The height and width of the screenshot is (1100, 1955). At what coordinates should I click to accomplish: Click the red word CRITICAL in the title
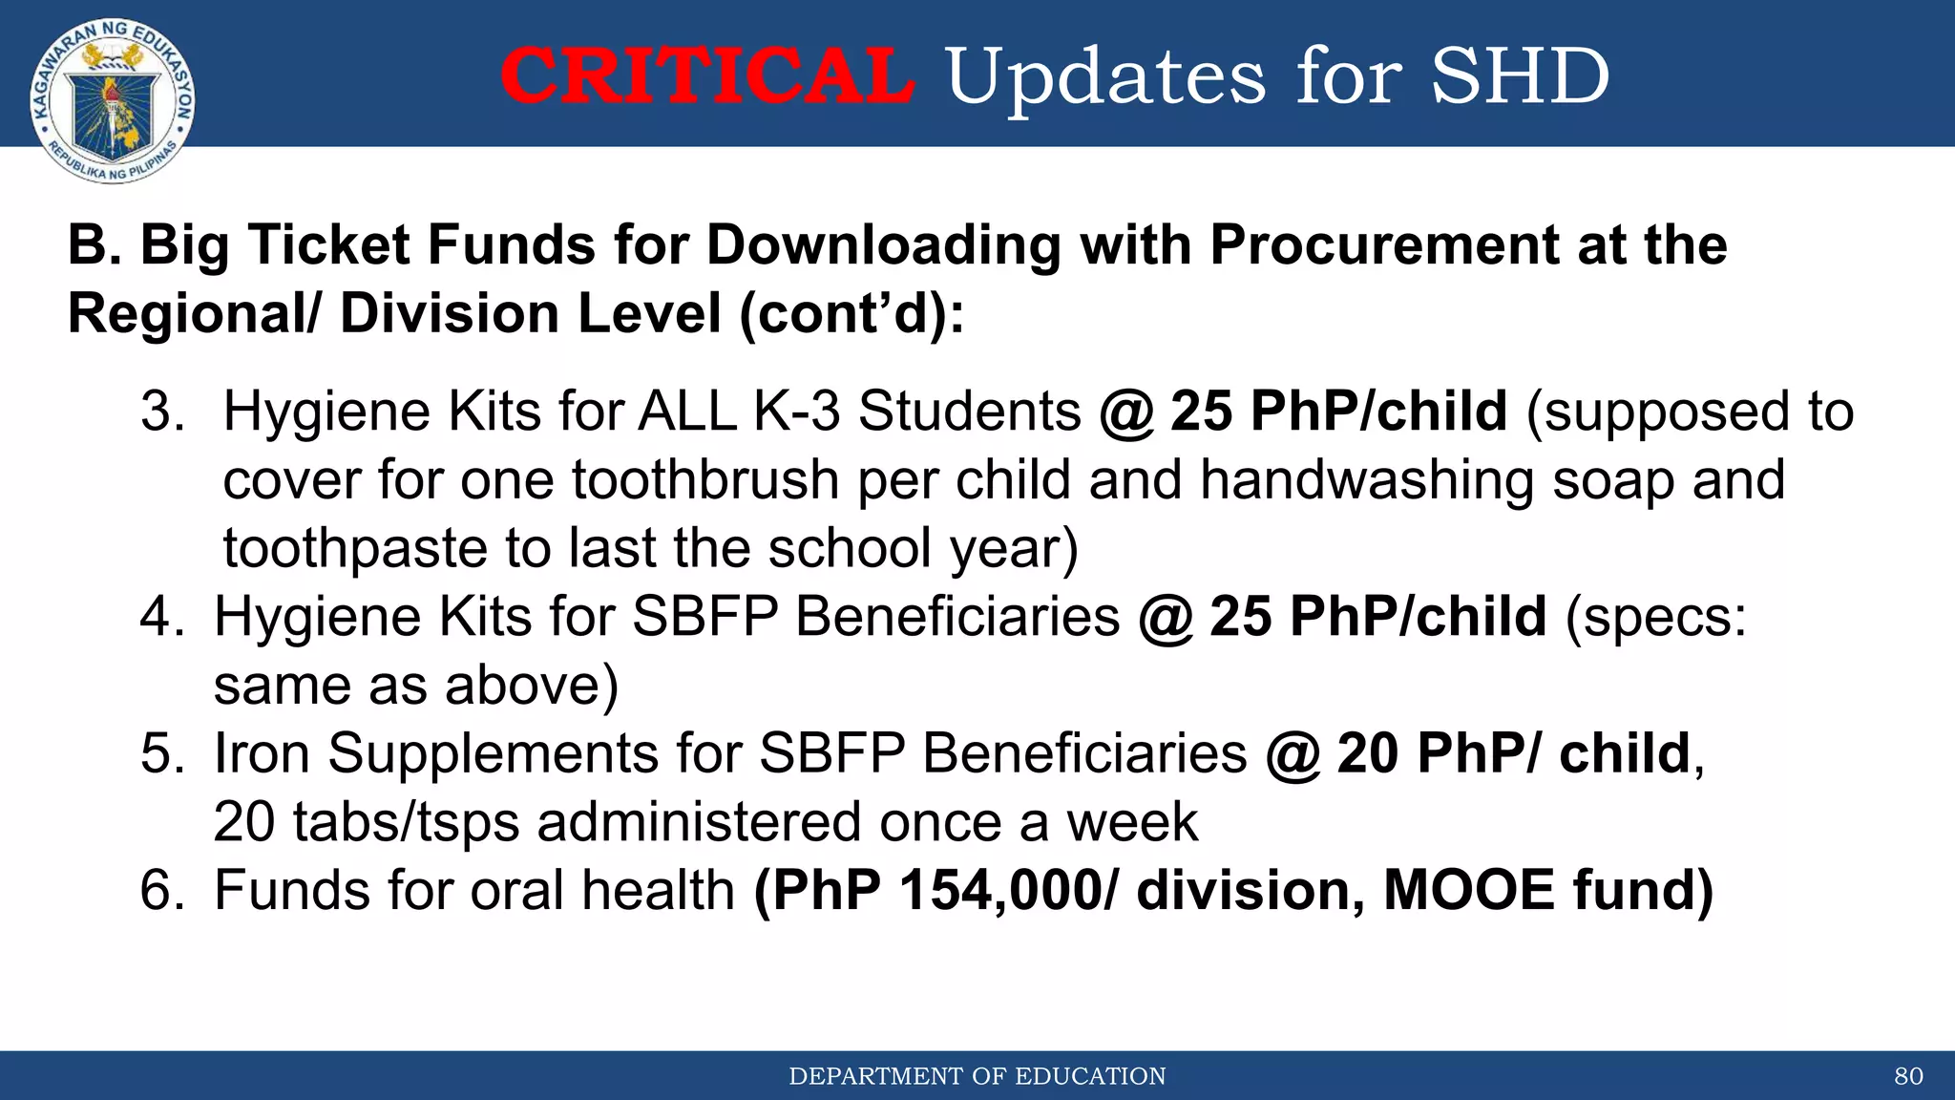pos(707,76)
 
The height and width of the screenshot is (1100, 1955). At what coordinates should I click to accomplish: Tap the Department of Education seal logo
pos(113,100)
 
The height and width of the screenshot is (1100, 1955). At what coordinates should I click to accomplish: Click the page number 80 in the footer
pos(1908,1076)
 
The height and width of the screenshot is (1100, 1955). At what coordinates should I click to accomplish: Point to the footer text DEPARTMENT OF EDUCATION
pos(977,1076)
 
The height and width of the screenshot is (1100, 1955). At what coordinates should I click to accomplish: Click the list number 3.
pos(162,412)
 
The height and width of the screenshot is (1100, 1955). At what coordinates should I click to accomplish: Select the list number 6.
pos(162,891)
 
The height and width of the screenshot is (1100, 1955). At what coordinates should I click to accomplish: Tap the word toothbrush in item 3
pos(705,479)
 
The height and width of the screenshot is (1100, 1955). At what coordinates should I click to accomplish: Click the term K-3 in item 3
pos(797,412)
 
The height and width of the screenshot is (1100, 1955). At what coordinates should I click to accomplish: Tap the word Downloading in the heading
pos(883,246)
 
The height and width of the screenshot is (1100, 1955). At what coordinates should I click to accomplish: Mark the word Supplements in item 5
pos(494,753)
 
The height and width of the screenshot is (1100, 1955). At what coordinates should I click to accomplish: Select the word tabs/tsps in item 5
pos(406,822)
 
